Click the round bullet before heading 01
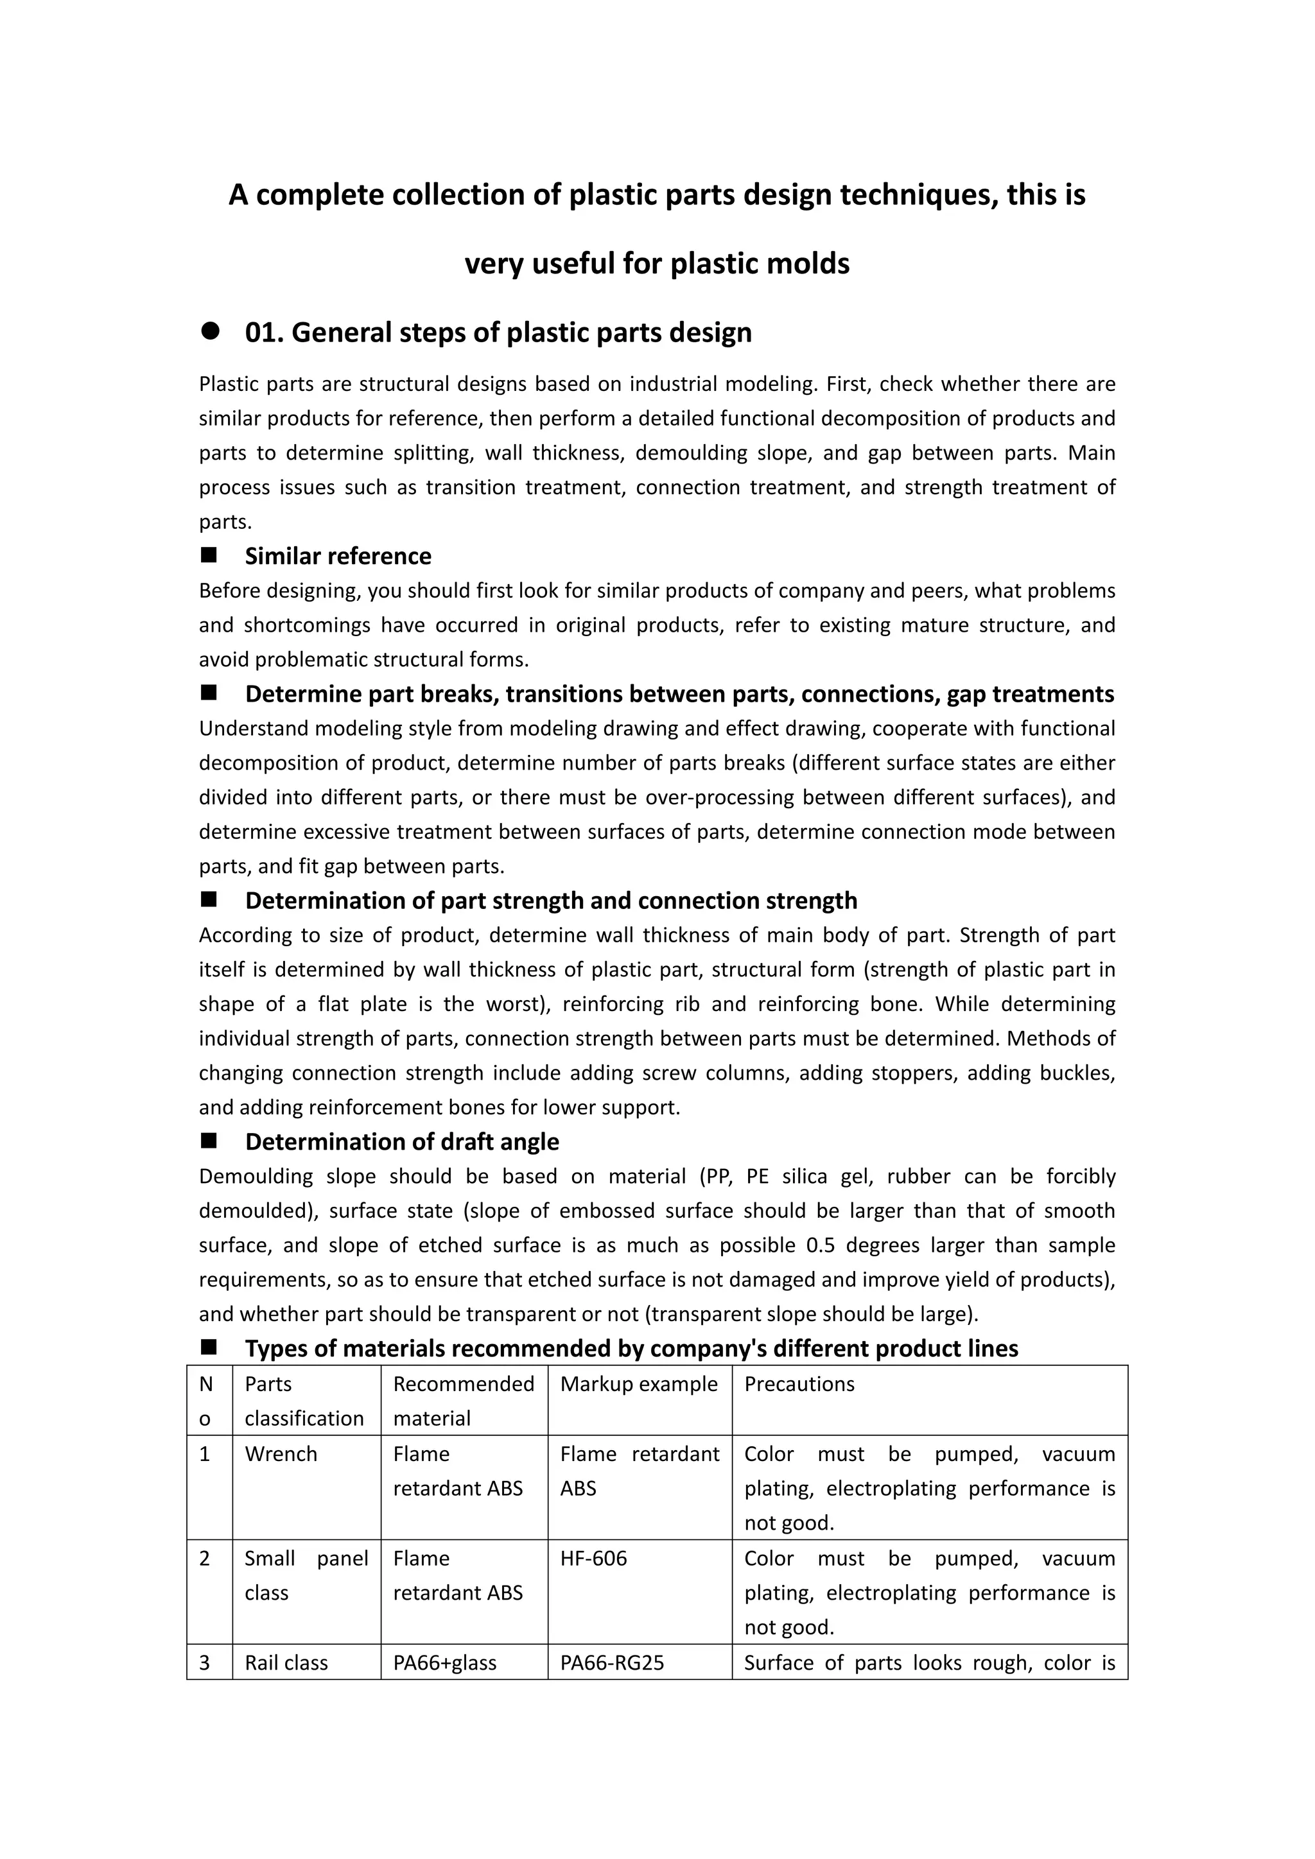(211, 331)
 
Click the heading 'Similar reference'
(338, 557)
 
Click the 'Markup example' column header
(639, 1384)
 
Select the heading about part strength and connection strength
(551, 901)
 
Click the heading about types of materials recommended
(632, 1348)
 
